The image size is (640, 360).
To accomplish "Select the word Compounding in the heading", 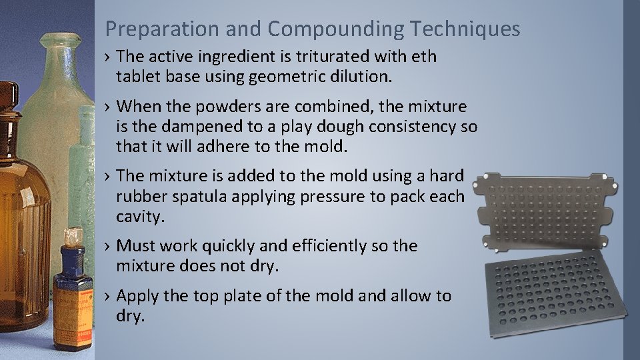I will tap(335, 29).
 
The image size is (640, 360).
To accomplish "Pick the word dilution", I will tap(359, 77).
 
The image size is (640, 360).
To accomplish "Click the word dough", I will tap(343, 127).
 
